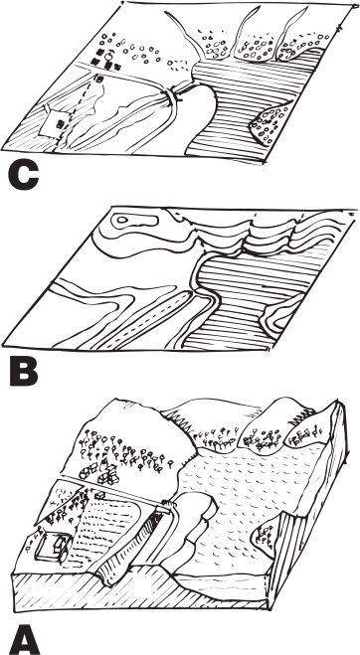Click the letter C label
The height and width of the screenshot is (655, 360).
pyautogui.click(x=24, y=176)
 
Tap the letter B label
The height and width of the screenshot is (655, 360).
pyautogui.click(x=24, y=371)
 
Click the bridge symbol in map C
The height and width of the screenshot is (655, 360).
pyautogui.click(x=173, y=96)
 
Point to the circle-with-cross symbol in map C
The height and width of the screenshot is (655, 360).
pyautogui.click(x=109, y=55)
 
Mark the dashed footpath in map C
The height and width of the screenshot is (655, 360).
pyautogui.click(x=82, y=107)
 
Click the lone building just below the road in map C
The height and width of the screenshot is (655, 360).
pyautogui.click(x=99, y=78)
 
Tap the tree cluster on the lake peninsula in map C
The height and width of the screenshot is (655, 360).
pyautogui.click(x=270, y=123)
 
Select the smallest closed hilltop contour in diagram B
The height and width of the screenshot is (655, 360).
pyautogui.click(x=122, y=220)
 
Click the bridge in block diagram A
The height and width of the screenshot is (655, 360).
pyautogui.click(x=167, y=506)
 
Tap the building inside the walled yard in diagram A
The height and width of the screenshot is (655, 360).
pyautogui.click(x=59, y=546)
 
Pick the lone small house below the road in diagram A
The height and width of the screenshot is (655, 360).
pyautogui.click(x=100, y=496)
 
